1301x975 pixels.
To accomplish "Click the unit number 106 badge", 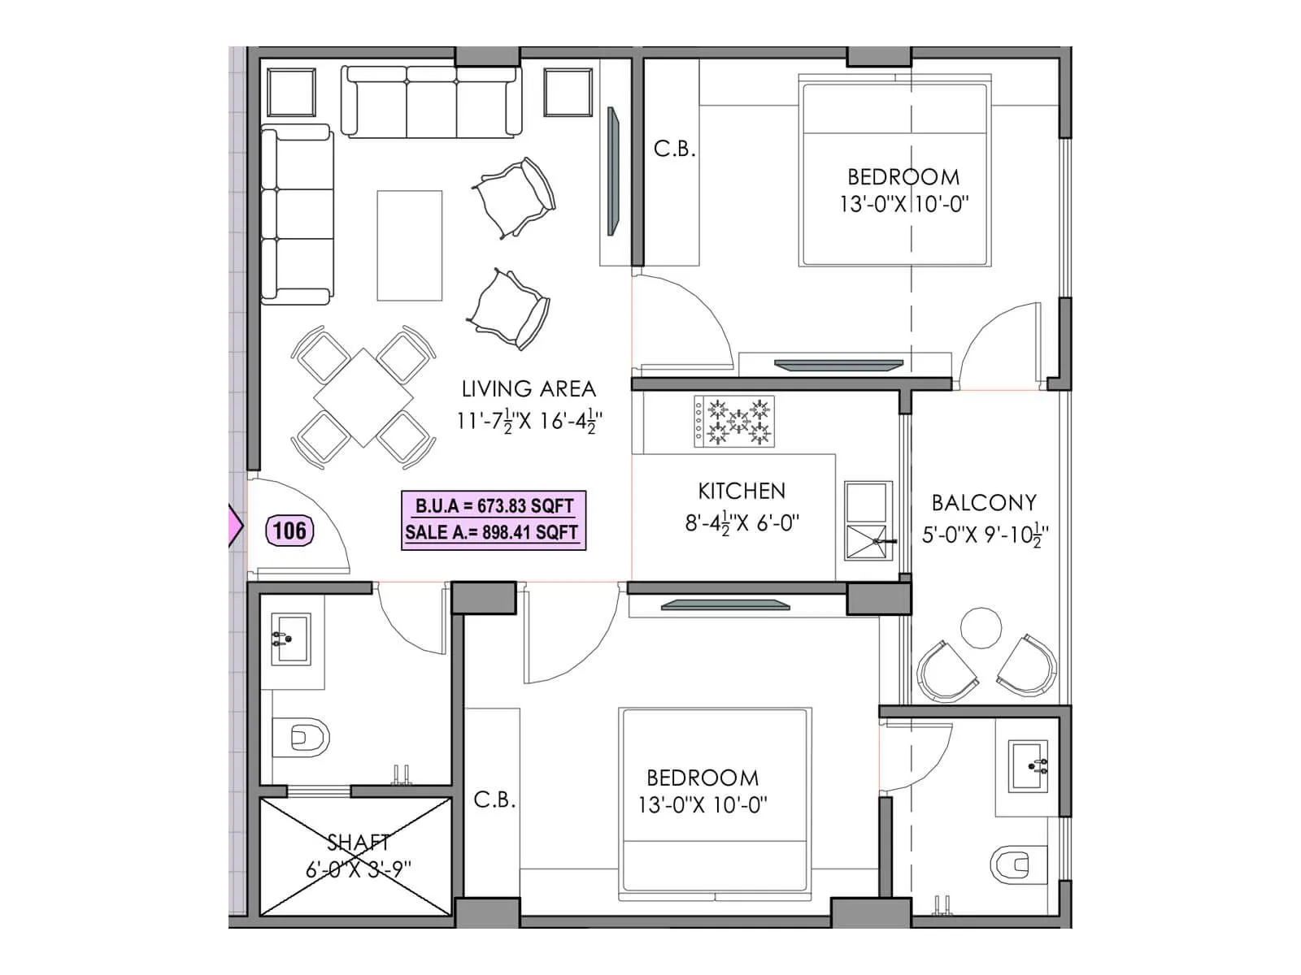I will (x=289, y=531).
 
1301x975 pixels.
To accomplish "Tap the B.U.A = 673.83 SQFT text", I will (x=494, y=505).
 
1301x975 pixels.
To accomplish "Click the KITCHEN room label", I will (x=742, y=491).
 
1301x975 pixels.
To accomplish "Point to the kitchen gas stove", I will (x=733, y=422).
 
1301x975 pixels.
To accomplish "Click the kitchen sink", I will (x=868, y=520).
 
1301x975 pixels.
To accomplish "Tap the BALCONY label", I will (x=984, y=503).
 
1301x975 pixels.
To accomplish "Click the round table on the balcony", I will (x=981, y=628).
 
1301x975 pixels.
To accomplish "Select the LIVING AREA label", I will (x=529, y=389).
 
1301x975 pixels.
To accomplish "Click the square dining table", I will (x=363, y=398).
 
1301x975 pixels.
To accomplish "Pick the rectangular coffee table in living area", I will (x=410, y=245).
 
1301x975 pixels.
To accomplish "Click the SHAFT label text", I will (x=358, y=843).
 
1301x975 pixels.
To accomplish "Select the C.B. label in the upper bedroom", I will (x=674, y=149).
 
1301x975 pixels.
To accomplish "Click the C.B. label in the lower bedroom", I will (x=494, y=800).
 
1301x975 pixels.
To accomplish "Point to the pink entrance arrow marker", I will (x=235, y=526).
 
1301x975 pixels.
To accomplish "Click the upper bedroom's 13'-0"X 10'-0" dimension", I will (x=903, y=203).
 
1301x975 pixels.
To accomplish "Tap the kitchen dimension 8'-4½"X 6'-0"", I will (x=742, y=522).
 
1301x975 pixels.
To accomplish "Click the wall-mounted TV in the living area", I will (x=613, y=171).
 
